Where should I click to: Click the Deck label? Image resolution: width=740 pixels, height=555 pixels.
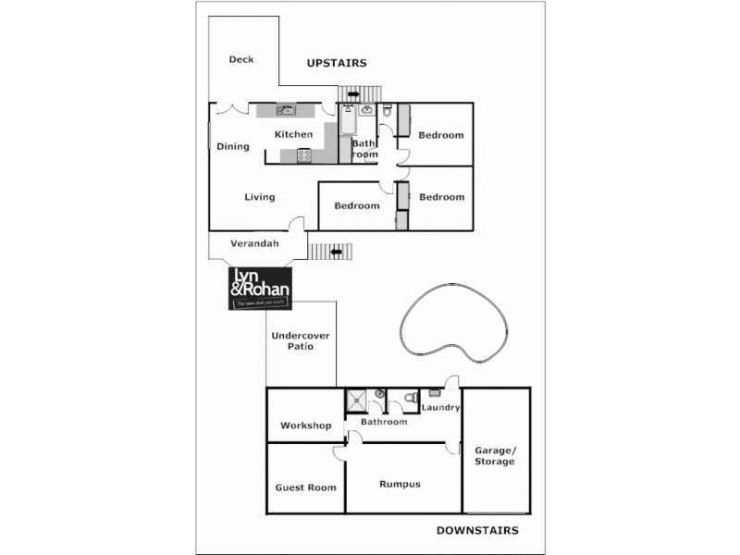pyautogui.click(x=241, y=60)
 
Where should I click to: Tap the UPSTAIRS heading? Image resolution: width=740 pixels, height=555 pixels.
pyautogui.click(x=337, y=63)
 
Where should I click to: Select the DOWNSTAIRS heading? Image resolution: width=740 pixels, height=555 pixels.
pyautogui.click(x=476, y=530)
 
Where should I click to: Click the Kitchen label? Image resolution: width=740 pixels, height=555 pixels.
pyautogui.click(x=294, y=135)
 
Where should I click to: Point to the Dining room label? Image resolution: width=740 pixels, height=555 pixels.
pyautogui.click(x=233, y=146)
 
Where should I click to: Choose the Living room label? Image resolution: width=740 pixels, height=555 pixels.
pyautogui.click(x=260, y=197)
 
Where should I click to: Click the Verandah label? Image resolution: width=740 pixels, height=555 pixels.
pyautogui.click(x=254, y=244)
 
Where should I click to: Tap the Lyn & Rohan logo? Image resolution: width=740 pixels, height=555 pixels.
pyautogui.click(x=259, y=289)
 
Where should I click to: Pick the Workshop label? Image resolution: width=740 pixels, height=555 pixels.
pyautogui.click(x=305, y=426)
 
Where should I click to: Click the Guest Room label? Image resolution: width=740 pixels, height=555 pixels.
pyautogui.click(x=305, y=487)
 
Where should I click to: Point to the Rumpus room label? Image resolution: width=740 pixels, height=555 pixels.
pyautogui.click(x=401, y=484)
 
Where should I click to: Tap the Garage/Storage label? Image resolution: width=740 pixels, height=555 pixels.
pyautogui.click(x=495, y=455)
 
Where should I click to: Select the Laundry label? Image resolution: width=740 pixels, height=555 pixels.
pyautogui.click(x=440, y=408)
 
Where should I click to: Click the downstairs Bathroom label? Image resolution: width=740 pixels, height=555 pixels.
pyautogui.click(x=384, y=423)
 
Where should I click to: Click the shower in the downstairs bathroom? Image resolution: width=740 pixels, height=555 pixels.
pyautogui.click(x=356, y=401)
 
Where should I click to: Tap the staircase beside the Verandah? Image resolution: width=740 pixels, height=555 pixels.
pyautogui.click(x=330, y=251)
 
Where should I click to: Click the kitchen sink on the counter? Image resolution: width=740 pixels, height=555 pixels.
pyautogui.click(x=286, y=111)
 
